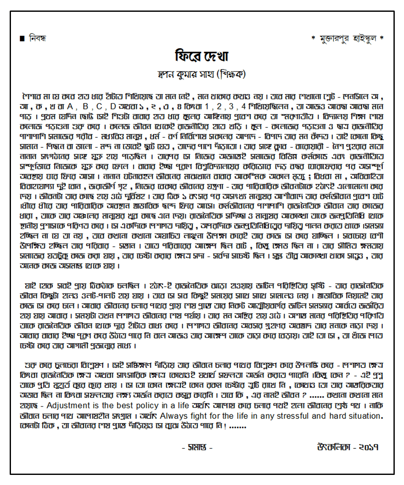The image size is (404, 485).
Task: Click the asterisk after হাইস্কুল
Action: pos(381,39)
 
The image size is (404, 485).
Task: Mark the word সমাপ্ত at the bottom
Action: pos(197,448)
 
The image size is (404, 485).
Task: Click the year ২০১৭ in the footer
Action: pos(369,447)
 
